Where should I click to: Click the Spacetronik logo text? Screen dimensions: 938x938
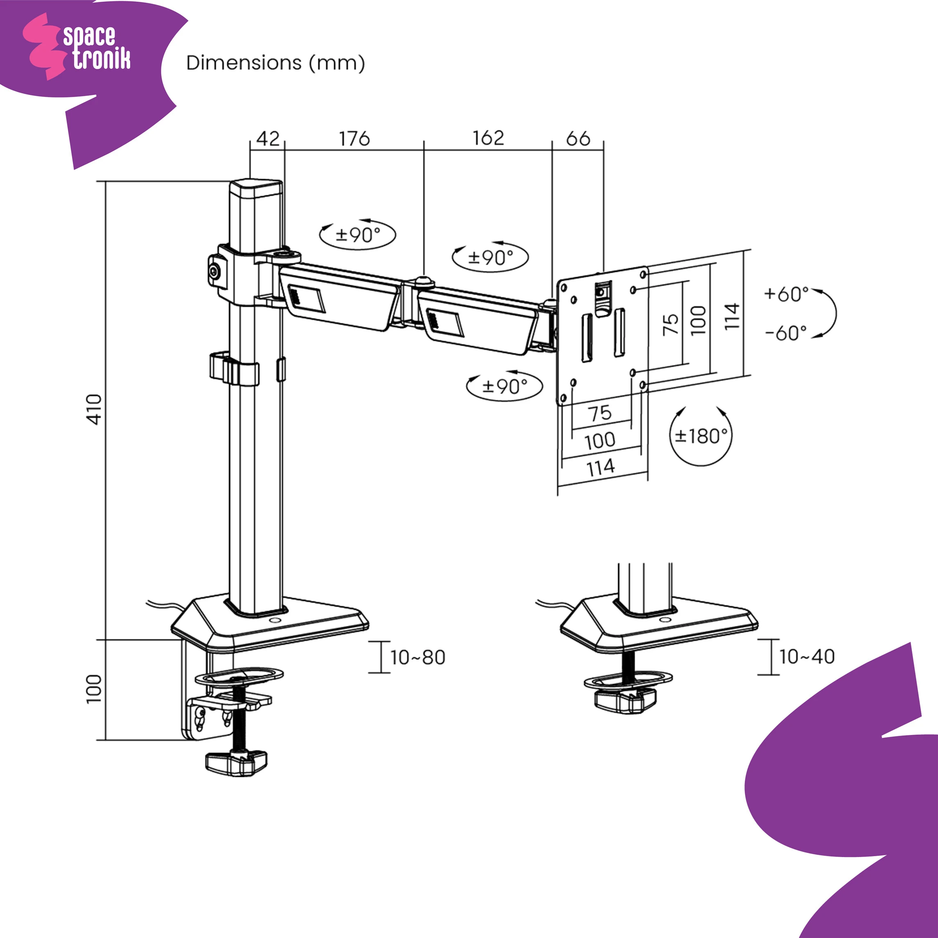click(x=97, y=47)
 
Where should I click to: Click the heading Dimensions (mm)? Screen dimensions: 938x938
click(x=275, y=63)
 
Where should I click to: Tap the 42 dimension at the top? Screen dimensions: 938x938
click(x=268, y=139)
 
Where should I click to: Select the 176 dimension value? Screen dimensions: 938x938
click(x=354, y=139)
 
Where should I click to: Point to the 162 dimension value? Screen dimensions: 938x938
click(x=488, y=138)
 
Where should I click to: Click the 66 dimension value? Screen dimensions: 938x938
click(x=578, y=139)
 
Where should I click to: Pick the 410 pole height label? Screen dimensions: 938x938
click(x=94, y=409)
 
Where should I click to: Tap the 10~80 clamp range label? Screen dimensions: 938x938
click(x=417, y=657)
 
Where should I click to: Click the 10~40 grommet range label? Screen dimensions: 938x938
click(x=807, y=656)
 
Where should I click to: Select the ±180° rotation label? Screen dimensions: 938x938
click(x=701, y=436)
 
